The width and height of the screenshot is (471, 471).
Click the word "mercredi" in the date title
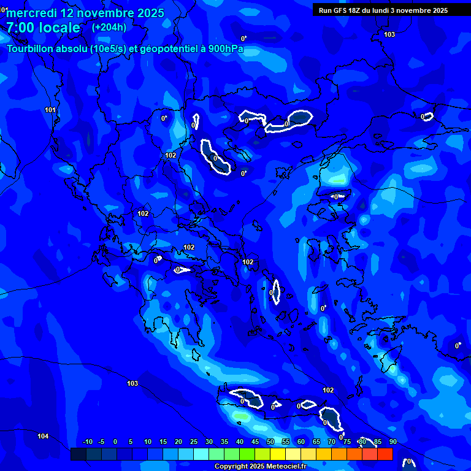(31, 13)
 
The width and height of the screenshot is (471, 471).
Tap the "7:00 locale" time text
(43, 28)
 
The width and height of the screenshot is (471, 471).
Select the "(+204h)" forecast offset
(109, 27)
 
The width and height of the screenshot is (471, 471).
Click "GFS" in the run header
(340, 10)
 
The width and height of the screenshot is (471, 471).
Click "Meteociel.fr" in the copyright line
(285, 467)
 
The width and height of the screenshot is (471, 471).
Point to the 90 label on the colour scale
(392, 442)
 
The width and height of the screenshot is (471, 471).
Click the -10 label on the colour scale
(87, 442)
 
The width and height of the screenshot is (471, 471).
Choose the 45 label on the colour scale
(255, 442)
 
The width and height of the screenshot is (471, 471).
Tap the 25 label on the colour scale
(194, 442)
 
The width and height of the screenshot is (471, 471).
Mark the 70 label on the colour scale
(332, 442)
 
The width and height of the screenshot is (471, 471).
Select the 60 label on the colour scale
(301, 442)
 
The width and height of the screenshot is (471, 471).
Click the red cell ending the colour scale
(385, 454)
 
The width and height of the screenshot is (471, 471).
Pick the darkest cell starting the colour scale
(78, 454)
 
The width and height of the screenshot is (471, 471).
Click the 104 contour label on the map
(43, 436)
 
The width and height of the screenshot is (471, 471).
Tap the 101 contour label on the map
(50, 110)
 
